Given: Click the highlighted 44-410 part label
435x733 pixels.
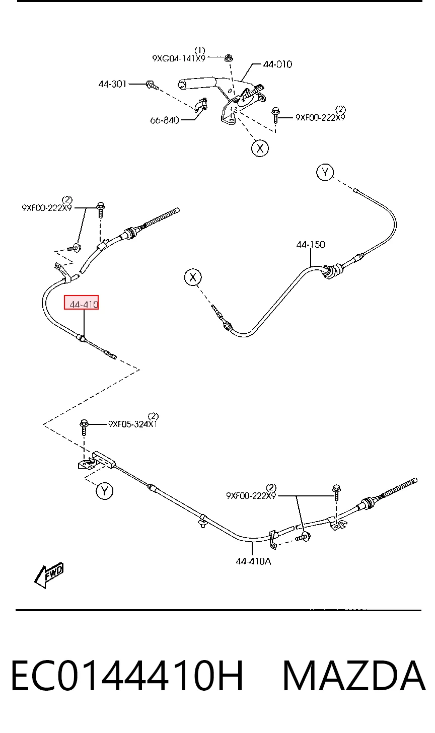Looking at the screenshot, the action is (84, 304).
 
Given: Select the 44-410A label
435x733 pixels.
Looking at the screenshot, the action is (253, 561).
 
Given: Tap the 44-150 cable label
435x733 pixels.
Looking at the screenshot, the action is (311, 245).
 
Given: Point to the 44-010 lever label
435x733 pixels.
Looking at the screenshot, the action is (277, 64).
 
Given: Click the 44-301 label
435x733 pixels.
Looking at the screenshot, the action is (112, 84).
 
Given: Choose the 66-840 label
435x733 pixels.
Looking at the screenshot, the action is (164, 120).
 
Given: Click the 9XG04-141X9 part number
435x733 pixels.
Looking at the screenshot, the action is (179, 58).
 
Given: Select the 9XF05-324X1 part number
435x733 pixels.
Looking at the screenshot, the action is (132, 424).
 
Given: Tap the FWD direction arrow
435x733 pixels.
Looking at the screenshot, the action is (49, 575).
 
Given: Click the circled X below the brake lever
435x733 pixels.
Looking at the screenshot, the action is (260, 148).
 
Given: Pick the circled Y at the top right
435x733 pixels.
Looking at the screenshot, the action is (325, 172).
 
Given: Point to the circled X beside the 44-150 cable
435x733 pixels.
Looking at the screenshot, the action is (193, 277).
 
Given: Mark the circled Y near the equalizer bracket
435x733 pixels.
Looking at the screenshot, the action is (104, 491).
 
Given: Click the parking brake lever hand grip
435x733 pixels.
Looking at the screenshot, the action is (196, 83).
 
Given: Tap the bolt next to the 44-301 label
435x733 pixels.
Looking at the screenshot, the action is (152, 85).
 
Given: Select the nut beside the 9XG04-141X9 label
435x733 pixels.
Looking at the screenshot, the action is (229, 58).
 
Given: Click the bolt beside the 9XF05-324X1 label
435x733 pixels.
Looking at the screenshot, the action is (84, 427).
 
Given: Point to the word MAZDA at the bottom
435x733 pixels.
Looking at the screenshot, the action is (354, 676).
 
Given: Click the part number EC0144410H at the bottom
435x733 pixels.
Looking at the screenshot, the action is (127, 676).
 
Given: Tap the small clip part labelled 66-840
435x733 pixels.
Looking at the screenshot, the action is (200, 105).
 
